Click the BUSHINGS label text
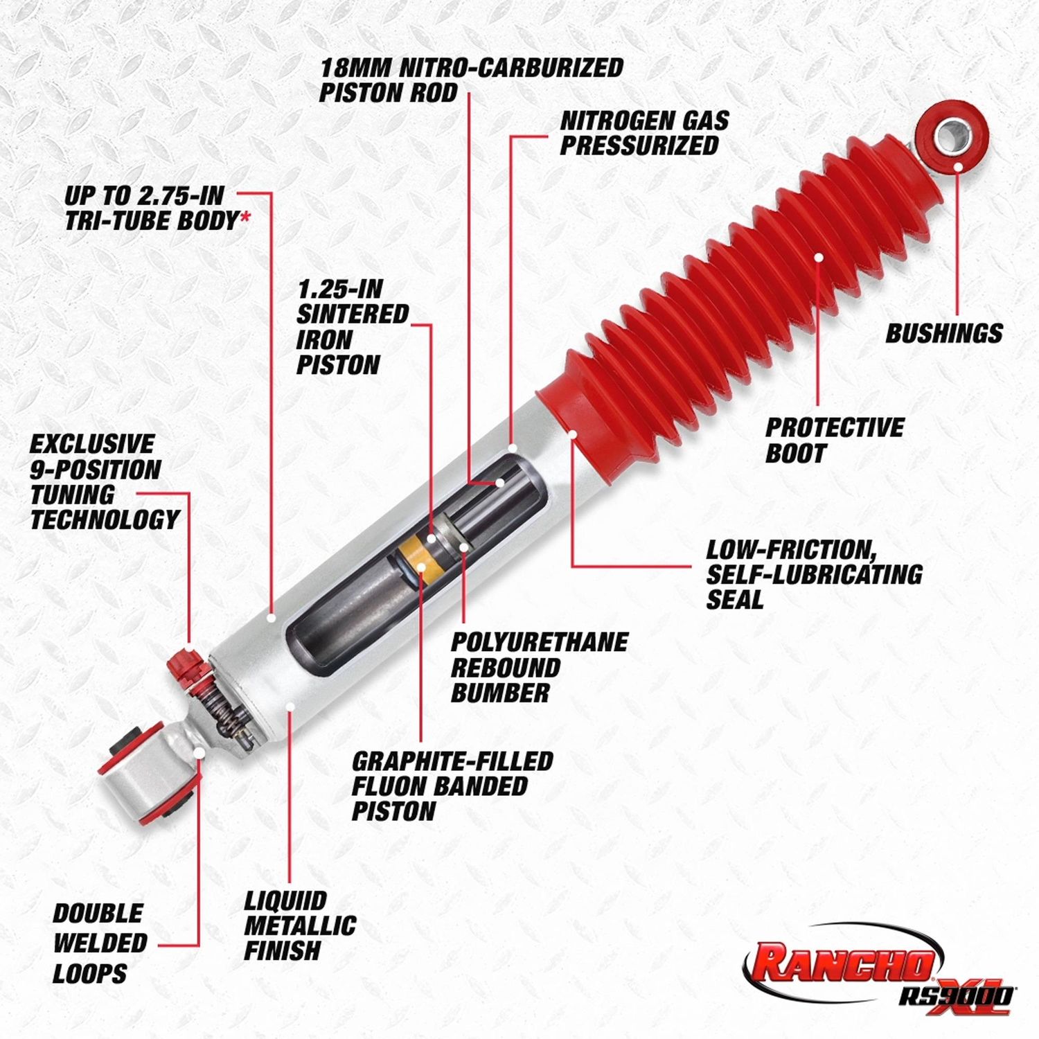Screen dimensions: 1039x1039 point(943,333)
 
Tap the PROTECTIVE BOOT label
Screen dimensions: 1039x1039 point(834,440)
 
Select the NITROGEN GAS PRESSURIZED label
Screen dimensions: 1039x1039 point(644,133)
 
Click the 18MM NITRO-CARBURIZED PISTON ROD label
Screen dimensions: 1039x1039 point(471,80)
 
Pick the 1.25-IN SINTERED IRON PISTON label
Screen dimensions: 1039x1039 point(352,327)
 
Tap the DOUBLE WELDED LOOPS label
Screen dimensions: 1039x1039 point(100,943)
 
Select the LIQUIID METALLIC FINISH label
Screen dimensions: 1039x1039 point(299,925)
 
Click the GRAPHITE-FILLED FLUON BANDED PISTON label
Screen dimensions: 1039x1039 point(452,786)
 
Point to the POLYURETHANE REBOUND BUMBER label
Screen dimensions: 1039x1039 point(539,667)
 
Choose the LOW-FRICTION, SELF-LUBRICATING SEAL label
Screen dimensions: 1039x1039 point(814,574)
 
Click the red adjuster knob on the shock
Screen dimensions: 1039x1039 point(184,663)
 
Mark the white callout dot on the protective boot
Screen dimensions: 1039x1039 point(819,257)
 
